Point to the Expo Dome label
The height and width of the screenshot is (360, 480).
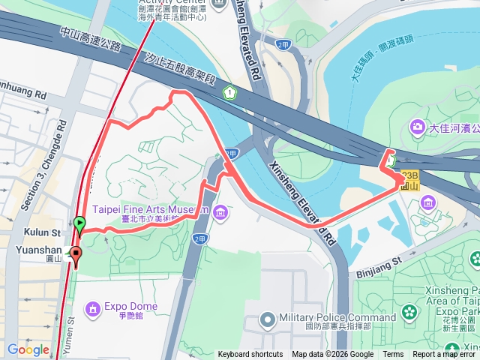click(130, 307)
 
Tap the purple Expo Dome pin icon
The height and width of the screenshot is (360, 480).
click(92, 307)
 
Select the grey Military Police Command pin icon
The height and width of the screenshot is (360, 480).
click(268, 320)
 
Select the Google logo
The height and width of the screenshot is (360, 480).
click(28, 349)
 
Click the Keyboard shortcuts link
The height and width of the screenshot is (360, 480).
click(250, 355)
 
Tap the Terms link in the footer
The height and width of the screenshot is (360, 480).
click(393, 355)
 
